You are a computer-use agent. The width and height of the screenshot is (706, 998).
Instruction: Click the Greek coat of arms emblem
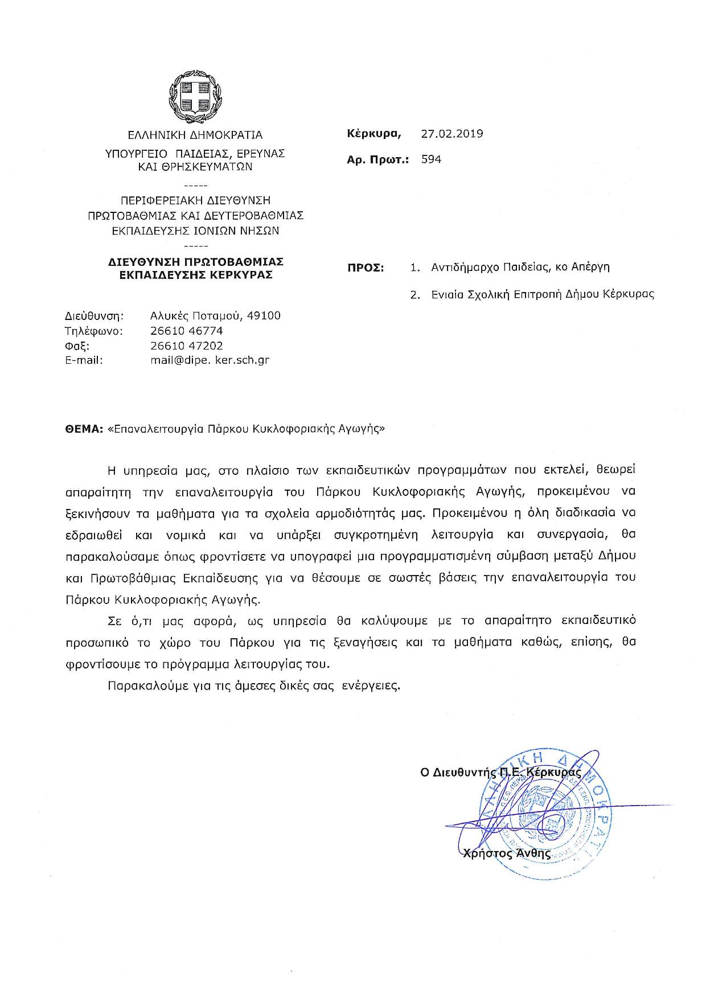[195, 96]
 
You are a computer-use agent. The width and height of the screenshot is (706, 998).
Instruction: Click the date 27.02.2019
[452, 134]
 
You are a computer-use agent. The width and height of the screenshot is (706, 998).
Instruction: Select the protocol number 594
[431, 159]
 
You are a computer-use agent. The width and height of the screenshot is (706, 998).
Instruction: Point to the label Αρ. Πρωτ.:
[377, 160]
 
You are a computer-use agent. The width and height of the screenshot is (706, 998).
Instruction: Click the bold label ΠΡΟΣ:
[366, 268]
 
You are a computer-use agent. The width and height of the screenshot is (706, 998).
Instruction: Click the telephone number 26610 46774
[187, 331]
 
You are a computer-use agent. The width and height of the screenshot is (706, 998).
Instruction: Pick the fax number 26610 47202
[187, 346]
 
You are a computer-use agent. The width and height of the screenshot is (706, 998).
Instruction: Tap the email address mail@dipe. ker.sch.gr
[210, 360]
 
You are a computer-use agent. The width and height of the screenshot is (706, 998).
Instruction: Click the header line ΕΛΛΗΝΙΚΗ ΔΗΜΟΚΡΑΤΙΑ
[195, 135]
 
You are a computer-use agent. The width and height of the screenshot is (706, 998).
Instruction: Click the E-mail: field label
[84, 360]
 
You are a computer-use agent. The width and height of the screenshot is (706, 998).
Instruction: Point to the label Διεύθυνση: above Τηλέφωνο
[95, 316]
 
